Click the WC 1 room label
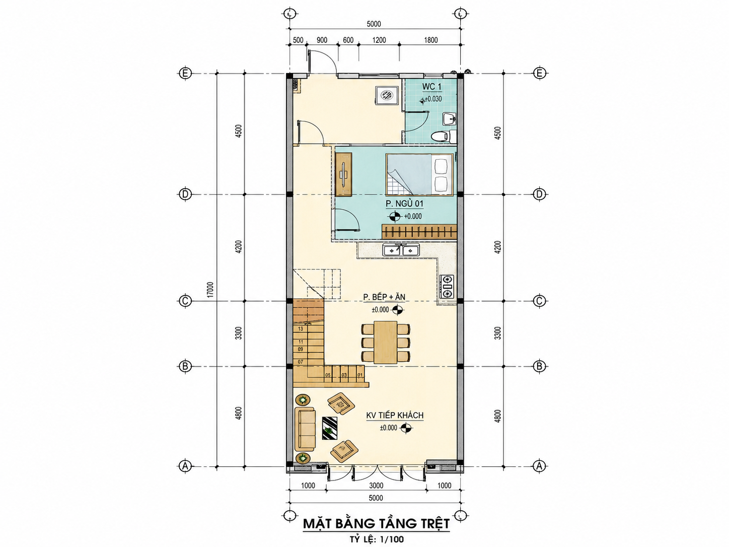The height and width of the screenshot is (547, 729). (x=432, y=87)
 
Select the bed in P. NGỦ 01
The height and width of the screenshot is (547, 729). (x=419, y=174)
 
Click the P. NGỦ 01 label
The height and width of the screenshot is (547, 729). (x=404, y=203)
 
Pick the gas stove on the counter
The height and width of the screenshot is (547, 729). (x=448, y=286)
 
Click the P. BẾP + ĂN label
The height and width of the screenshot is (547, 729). (x=384, y=297)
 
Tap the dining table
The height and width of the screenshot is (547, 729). (x=386, y=342)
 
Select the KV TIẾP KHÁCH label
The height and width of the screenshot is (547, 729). (x=395, y=416)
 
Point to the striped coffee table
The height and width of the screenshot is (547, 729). (x=330, y=429)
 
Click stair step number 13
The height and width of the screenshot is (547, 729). (x=301, y=329)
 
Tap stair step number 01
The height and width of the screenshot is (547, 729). (x=359, y=375)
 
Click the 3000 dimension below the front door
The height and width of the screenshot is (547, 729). (x=376, y=486)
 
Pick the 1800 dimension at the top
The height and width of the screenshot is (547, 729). (x=431, y=40)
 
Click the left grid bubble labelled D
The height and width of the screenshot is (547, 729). (x=185, y=194)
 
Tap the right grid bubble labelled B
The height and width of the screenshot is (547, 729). (x=539, y=366)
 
